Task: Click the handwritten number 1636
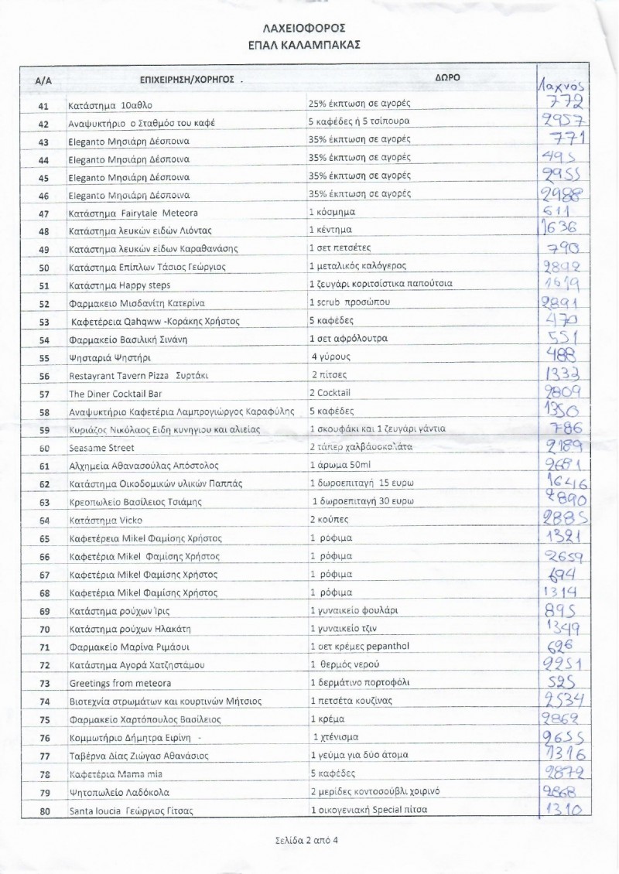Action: click(x=560, y=230)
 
